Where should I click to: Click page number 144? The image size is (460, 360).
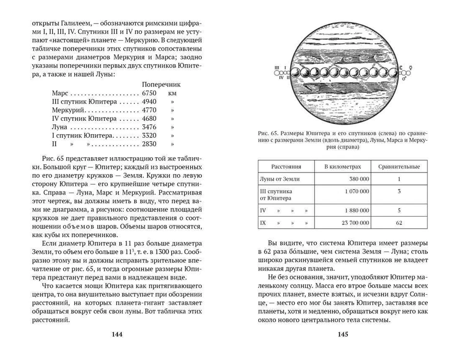pyautogui.click(x=117, y=335)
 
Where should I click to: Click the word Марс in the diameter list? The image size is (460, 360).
pyautogui.click(x=60, y=93)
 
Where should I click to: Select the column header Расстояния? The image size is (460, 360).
pyautogui.click(x=286, y=167)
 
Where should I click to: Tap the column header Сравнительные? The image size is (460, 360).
pyautogui.click(x=399, y=167)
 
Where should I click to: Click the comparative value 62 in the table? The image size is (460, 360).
pyautogui.click(x=399, y=223)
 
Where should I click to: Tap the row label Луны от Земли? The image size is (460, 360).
pyautogui.click(x=279, y=179)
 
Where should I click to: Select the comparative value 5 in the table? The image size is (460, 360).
pyautogui.click(x=399, y=210)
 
